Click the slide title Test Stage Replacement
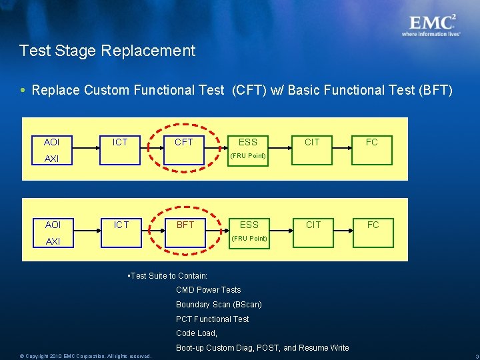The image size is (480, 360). coord(107,51)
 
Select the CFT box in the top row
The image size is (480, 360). coord(183,142)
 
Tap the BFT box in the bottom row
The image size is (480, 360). coord(185,225)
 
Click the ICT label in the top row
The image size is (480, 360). coord(121,142)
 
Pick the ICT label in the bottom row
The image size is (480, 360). coord(121,225)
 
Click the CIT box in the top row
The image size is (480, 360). coord(312,142)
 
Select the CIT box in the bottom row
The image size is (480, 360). coord(313,225)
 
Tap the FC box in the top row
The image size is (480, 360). coord(372,142)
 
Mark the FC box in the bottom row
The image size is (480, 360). coord(373,225)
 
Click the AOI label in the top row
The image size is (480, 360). coord(51,142)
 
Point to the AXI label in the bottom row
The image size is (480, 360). coord(52,241)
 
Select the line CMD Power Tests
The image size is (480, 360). coord(208,290)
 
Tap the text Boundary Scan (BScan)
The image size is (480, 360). coord(219,305)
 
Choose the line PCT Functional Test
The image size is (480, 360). coord(212,319)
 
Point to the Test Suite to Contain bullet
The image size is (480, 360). coord(167,276)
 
